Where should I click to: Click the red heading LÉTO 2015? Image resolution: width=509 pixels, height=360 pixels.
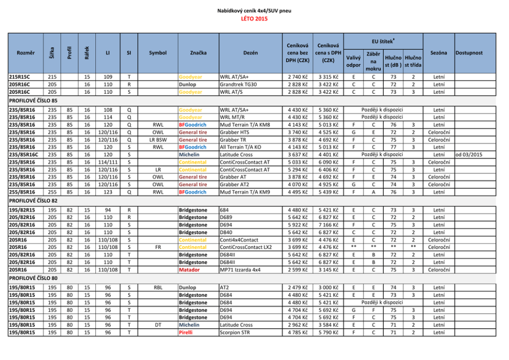click(254, 19)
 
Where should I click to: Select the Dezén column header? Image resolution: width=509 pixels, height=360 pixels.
click(250, 52)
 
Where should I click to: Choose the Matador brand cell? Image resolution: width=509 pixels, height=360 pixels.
click(189, 269)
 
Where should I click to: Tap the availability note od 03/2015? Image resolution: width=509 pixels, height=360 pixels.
click(469, 154)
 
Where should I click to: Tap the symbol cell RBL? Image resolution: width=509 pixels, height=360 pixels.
click(158, 288)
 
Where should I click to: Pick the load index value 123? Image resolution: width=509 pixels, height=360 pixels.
click(108, 192)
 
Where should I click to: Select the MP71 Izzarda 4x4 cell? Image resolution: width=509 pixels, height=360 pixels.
click(241, 269)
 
